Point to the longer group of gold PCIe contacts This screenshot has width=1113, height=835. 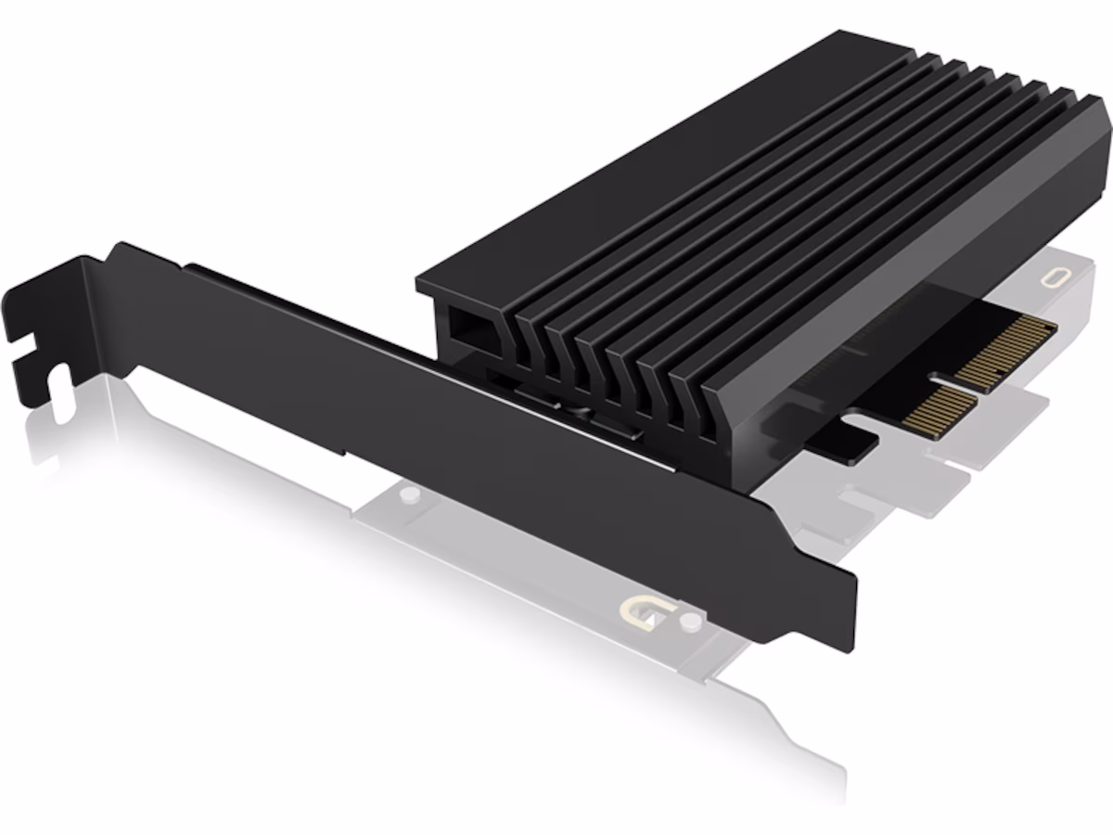(x=1005, y=351)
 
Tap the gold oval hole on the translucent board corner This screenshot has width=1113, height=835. (x=1055, y=277)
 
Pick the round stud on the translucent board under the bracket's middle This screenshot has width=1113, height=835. (x=404, y=496)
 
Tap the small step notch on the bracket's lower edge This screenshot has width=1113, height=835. (x=345, y=452)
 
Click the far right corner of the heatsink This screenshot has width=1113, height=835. (x=1106, y=121)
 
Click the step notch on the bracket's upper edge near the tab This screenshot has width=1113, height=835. (x=185, y=266)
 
